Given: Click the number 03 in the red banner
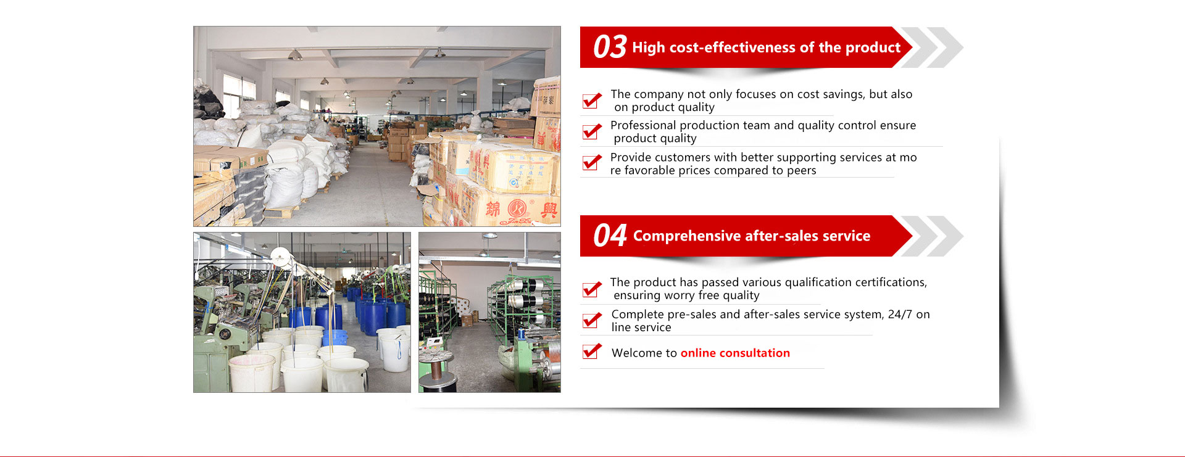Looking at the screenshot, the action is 610,47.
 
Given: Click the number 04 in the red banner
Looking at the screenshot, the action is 610,236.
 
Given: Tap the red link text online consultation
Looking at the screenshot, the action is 735,353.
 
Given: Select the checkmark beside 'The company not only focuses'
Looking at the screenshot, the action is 592,100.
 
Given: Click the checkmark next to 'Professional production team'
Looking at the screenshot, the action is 592,131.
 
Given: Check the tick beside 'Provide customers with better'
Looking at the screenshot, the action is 592,162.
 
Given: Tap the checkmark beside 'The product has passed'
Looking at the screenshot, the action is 592,289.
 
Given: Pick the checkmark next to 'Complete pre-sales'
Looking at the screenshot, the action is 592,320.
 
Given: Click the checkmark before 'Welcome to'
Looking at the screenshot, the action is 592,352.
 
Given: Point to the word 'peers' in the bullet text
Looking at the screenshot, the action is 801,171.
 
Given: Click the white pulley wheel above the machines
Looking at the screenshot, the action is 281,255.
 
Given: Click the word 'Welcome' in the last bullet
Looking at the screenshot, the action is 636,353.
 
